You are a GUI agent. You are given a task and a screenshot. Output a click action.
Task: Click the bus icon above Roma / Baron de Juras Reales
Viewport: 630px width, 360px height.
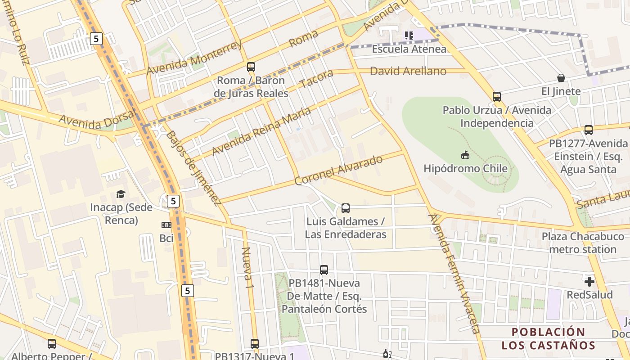[251, 67]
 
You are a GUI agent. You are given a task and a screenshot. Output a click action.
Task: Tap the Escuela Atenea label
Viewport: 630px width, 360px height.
[409, 49]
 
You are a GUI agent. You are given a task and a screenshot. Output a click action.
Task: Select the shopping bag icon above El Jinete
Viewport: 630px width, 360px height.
[561, 78]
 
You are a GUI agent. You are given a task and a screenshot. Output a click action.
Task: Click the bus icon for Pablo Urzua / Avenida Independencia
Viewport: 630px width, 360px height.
[497, 96]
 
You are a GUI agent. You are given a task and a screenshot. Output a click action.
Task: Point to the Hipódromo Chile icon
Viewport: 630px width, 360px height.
[465, 155]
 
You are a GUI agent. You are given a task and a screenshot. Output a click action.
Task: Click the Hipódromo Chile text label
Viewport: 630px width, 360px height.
[465, 169]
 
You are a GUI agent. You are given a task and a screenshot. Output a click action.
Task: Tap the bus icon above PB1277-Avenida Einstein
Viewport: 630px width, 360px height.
[588, 130]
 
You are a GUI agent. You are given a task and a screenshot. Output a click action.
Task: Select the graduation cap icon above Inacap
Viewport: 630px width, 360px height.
[121, 194]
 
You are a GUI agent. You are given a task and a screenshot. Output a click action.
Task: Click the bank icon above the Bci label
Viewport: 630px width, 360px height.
[166, 225]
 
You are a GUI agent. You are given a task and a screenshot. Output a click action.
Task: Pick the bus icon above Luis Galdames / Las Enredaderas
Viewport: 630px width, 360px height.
[345, 208]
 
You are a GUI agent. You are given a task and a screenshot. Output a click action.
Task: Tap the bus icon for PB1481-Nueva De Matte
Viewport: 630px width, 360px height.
[324, 270]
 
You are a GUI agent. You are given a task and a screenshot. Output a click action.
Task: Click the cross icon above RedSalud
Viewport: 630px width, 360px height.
[589, 282]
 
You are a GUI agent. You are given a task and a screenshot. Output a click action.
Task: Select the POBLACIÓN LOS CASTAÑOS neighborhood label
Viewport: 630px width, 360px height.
[548, 339]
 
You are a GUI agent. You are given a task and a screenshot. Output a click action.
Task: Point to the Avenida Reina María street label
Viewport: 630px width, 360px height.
[261, 131]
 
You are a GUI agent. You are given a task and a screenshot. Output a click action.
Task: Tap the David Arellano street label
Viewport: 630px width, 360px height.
[408, 71]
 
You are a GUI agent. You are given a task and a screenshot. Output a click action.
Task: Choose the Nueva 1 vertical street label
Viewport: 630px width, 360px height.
[247, 267]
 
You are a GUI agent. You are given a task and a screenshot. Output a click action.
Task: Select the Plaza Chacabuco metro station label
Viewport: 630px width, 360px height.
[583, 243]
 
